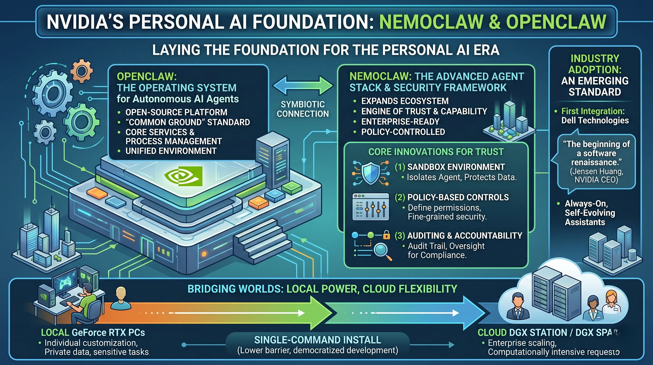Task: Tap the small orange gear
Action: click(81, 71)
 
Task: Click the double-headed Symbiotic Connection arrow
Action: click(303, 86)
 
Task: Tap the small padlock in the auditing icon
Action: click(386, 235)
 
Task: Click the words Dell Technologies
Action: click(595, 120)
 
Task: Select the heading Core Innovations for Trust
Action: click(436, 152)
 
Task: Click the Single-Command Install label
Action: click(317, 340)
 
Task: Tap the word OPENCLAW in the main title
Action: click(556, 22)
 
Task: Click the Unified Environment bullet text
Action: click(171, 151)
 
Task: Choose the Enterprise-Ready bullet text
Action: click(400, 122)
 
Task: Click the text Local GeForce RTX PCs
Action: click(93, 332)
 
